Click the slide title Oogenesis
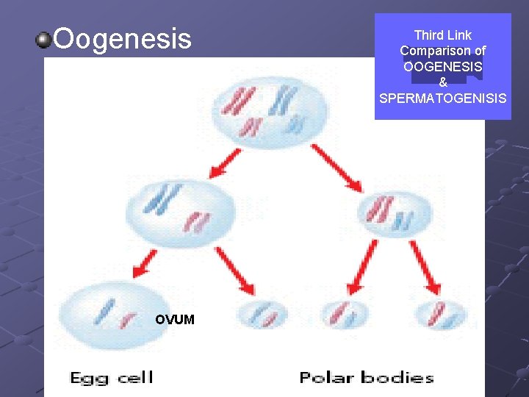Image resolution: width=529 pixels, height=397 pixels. pos(122,39)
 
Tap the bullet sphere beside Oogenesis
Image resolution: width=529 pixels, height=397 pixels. pos(45,39)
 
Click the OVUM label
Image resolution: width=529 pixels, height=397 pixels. pos(175,319)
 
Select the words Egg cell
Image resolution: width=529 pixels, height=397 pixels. pos(111,378)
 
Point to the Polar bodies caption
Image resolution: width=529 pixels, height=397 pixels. pos(366,378)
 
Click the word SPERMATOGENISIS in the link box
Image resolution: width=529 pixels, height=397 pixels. pos(442,97)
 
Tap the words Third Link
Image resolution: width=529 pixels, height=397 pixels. pos(442,35)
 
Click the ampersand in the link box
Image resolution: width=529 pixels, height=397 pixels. pos(442,82)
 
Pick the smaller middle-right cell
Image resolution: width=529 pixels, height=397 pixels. pos(391,212)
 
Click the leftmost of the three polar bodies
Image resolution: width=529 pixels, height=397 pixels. pos(262,315)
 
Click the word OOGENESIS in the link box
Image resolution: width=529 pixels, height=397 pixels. pos(442,66)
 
